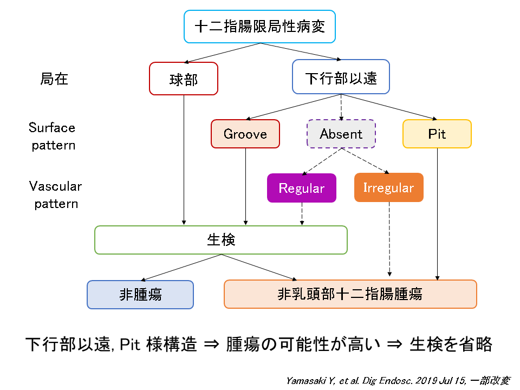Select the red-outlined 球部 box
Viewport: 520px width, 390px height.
tap(184, 79)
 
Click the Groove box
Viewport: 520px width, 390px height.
tap(245, 134)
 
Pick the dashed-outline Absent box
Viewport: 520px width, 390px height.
tap(341, 134)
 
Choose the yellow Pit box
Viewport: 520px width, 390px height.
tap(437, 134)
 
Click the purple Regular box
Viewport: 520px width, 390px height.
tap(301, 188)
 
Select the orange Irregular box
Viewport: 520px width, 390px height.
tap(388, 188)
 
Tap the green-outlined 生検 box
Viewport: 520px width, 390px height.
tap(221, 240)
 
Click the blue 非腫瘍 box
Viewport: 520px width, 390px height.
tap(140, 294)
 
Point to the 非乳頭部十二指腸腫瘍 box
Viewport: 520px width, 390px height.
tap(350, 294)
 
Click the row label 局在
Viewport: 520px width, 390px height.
tap(54, 79)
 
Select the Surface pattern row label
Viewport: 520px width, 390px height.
tap(53, 136)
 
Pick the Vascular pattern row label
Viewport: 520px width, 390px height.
tap(55, 195)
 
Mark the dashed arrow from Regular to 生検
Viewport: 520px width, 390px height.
tap(302, 214)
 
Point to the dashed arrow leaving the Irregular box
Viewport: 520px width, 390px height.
tap(389, 238)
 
